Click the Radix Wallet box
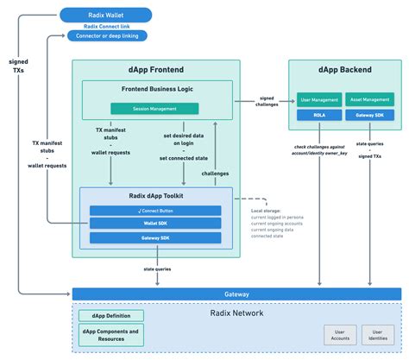[x=105, y=14]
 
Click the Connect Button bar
[x=155, y=211]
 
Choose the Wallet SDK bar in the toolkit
[x=155, y=223]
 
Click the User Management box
[x=319, y=100]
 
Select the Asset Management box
[x=370, y=100]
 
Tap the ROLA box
[x=319, y=113]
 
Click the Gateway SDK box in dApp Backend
[x=370, y=113]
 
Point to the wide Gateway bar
[x=236, y=294]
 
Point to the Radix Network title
[x=236, y=313]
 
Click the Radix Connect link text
[x=105, y=25]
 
